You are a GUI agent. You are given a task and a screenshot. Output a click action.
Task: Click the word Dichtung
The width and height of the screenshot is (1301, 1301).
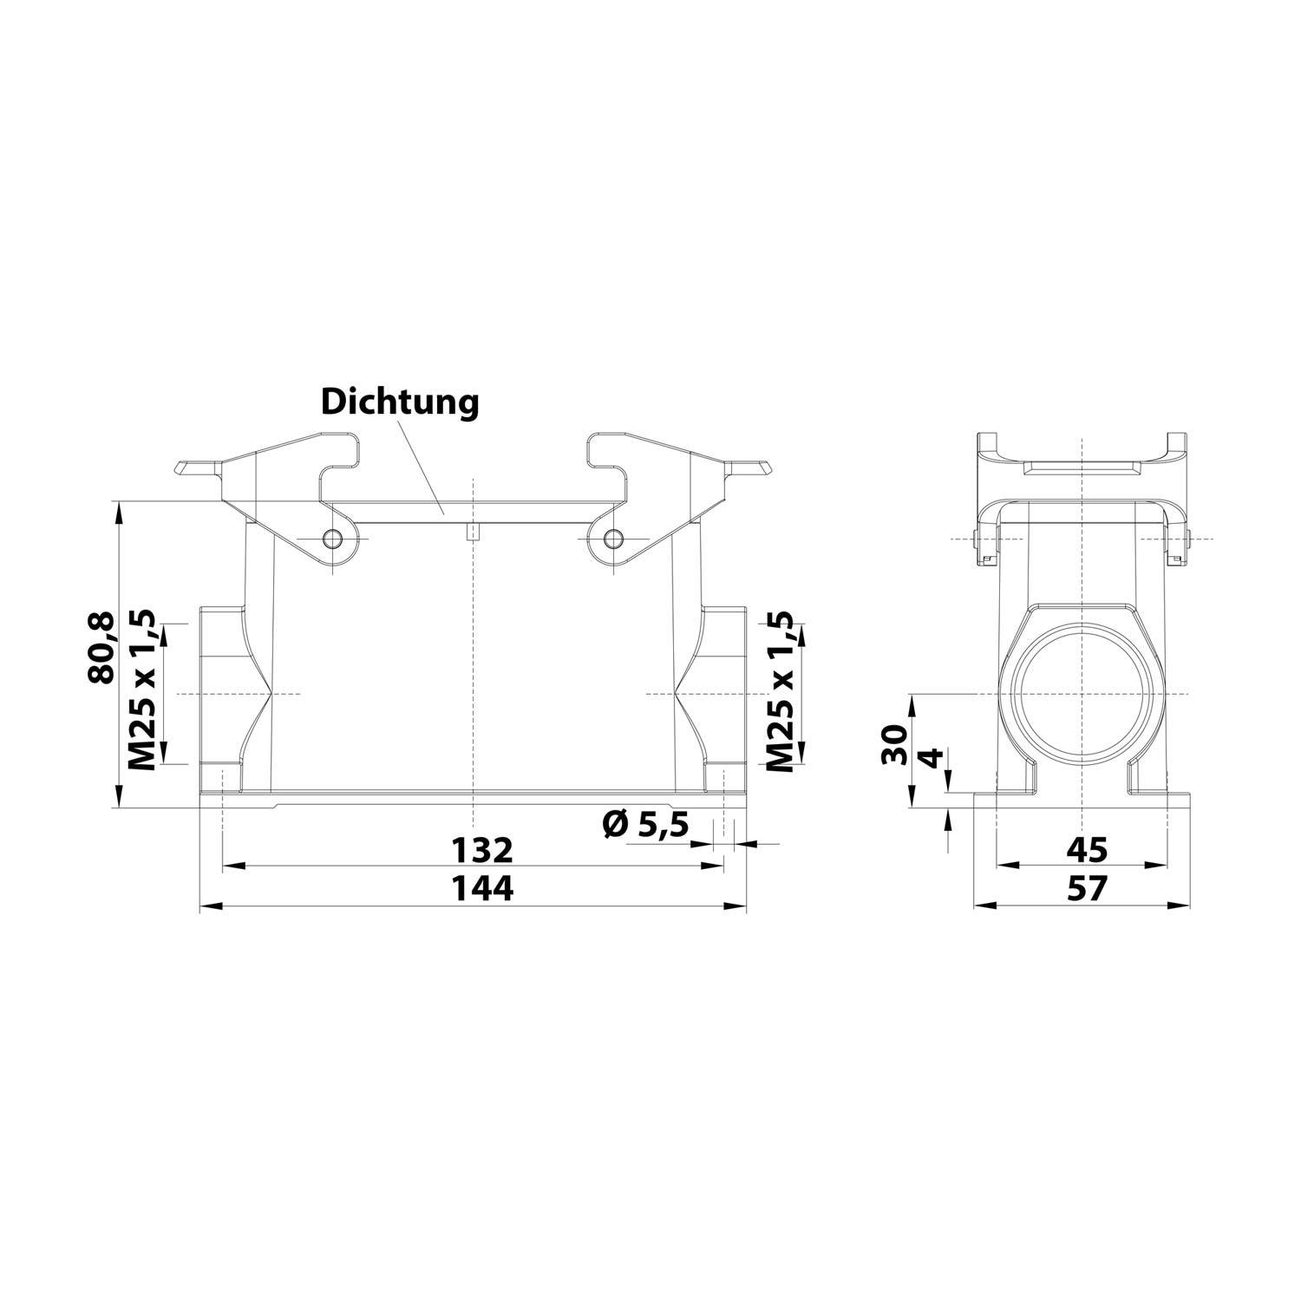pyautogui.click(x=400, y=402)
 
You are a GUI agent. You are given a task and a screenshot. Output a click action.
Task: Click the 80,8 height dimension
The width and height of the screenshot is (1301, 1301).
pyautogui.click(x=101, y=647)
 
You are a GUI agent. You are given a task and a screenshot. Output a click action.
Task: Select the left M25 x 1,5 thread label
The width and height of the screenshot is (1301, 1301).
pyautogui.click(x=141, y=691)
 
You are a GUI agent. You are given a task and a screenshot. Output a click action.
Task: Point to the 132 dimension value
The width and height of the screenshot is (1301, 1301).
pyautogui.click(x=481, y=851)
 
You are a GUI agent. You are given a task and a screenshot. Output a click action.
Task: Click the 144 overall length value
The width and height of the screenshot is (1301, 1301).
pyautogui.click(x=481, y=888)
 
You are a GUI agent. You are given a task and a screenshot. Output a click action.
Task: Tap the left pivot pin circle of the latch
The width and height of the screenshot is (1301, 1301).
pyautogui.click(x=332, y=539)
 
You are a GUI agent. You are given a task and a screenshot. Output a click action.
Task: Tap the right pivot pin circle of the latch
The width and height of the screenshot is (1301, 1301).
pyautogui.click(x=613, y=539)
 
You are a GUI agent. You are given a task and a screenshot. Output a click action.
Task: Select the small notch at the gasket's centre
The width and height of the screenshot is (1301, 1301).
pyautogui.click(x=471, y=532)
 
